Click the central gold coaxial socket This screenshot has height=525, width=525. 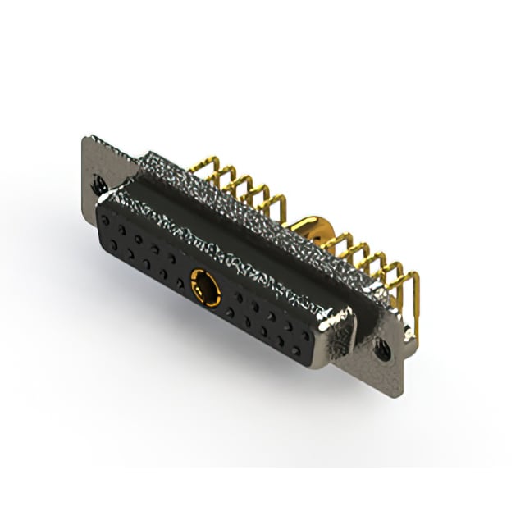[204, 286]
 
